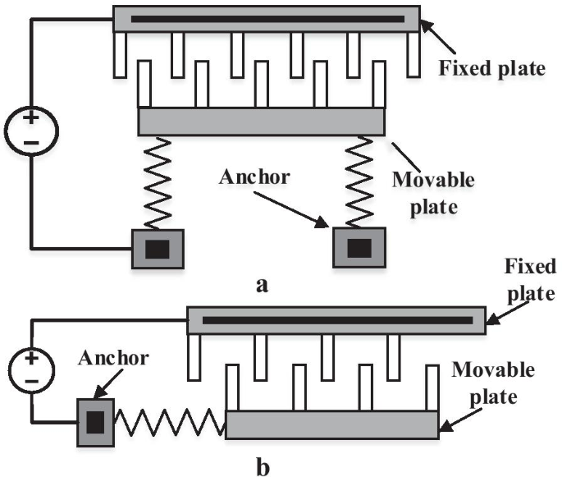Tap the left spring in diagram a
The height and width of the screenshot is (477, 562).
coord(158,182)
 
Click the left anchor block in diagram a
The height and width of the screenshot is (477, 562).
coord(158,250)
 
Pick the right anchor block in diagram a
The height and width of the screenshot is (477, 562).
coord(358,249)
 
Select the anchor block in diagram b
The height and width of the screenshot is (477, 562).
coord(96,422)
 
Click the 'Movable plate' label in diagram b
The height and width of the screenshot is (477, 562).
coord(493,383)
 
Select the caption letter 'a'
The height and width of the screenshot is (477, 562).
coord(263,285)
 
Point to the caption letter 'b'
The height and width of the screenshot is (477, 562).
coord(263,467)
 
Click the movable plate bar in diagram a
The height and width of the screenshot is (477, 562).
coord(261,122)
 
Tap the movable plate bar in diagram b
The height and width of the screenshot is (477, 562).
coord(331,424)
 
